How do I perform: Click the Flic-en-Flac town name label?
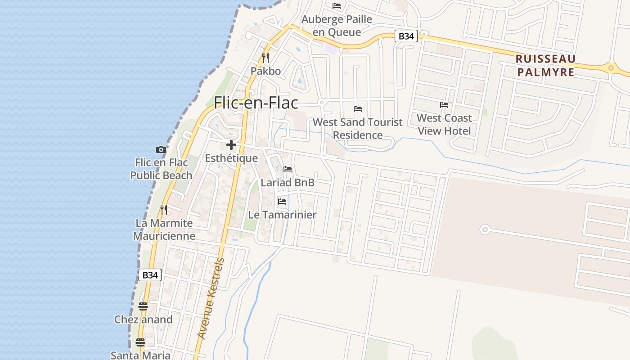point(256,103)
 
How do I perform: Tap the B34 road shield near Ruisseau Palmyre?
point(406,36)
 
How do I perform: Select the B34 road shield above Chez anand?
point(150,275)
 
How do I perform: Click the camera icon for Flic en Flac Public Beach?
point(161,149)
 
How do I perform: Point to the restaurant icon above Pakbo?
point(265,58)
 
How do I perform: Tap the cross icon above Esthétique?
point(231,145)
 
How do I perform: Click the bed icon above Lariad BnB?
point(288,169)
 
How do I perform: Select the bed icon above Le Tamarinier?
point(282,201)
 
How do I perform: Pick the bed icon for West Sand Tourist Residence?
point(358,109)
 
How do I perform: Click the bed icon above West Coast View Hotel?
point(444,105)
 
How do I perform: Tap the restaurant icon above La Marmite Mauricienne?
point(164,210)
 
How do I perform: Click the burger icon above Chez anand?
point(143,306)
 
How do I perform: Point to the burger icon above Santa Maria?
point(140,342)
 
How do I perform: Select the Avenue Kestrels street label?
point(211,298)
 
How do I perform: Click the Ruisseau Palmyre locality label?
point(545,65)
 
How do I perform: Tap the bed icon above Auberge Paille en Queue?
point(337,6)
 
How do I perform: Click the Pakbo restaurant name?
point(265,71)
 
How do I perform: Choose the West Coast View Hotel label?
point(444,124)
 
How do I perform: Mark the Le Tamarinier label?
point(282,215)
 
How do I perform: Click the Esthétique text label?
point(231,158)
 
